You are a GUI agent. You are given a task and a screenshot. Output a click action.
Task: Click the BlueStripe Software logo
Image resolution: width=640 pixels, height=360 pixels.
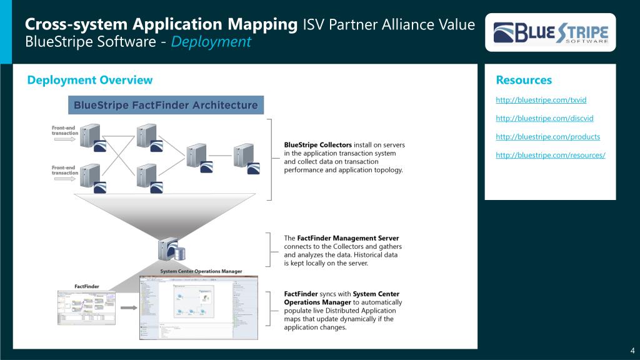550,32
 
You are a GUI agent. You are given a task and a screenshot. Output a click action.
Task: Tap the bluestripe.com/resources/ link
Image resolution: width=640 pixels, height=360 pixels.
550,155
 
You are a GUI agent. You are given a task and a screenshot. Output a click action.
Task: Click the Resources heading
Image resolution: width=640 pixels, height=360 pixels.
524,80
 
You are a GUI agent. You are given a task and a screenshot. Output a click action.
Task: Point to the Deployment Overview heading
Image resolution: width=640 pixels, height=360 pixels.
90,80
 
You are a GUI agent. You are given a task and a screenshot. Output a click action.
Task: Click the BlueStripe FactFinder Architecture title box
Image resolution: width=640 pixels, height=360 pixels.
166,105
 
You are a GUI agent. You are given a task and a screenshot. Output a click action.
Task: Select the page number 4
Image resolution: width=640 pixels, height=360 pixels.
632,349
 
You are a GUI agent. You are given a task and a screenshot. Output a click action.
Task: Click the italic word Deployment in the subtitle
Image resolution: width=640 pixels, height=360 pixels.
211,42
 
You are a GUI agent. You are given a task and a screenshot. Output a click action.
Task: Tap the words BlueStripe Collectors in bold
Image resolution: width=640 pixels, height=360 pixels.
318,145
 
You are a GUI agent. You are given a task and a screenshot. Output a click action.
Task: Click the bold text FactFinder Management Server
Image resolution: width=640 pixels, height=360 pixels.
347,238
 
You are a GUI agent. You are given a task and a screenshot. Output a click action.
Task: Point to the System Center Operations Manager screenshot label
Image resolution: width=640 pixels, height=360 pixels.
201,271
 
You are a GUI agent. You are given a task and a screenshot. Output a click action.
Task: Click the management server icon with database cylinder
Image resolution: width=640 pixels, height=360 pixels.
171,251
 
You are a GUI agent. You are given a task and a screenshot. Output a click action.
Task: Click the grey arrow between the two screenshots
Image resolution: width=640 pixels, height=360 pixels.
129,307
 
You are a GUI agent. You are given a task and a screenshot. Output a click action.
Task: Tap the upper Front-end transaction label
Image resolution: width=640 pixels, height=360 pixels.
64,131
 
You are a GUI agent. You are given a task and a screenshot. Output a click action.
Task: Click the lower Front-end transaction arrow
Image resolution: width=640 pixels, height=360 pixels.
64,179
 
